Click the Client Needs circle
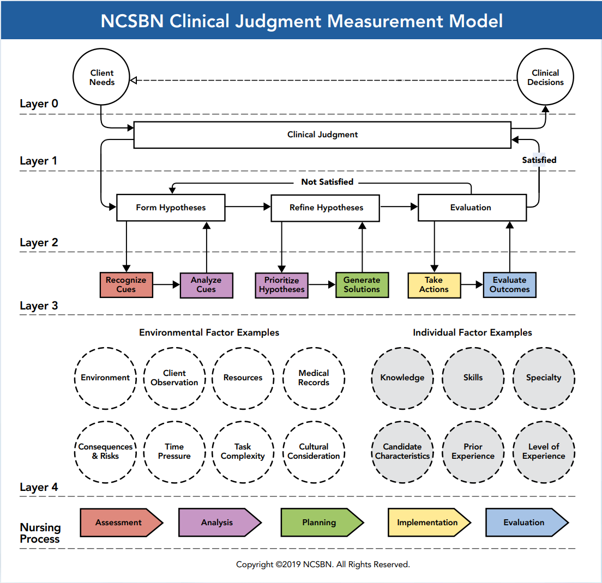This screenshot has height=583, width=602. [102, 77]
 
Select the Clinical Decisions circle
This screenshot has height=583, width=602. [545, 77]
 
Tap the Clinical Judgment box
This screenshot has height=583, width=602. [322, 135]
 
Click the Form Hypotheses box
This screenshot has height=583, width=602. [171, 208]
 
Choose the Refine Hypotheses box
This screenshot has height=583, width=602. [326, 208]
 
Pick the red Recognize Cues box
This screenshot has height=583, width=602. [126, 285]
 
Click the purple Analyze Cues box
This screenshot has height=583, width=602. [206, 285]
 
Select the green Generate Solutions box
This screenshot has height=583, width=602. [362, 285]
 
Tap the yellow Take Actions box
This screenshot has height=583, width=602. [434, 285]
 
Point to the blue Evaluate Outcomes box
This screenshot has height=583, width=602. [509, 285]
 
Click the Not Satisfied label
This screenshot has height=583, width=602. [327, 182]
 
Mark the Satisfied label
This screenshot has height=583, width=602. [539, 160]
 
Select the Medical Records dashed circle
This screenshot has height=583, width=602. [314, 378]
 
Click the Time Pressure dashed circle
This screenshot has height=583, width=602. [174, 451]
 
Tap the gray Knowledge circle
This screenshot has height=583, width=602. [402, 378]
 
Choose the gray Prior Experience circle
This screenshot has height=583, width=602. [473, 451]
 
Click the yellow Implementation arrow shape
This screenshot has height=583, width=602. [428, 523]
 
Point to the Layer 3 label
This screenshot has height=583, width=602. [39, 306]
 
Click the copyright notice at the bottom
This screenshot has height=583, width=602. [323, 564]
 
